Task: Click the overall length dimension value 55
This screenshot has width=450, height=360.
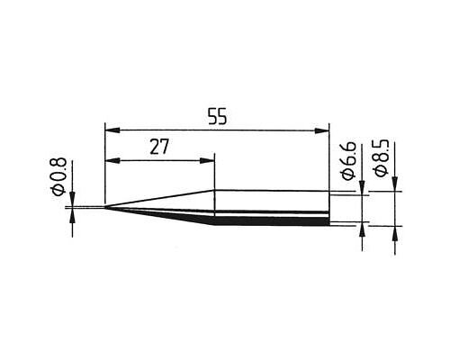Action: coord(218,117)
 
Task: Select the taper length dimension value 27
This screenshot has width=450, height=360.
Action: coord(159,147)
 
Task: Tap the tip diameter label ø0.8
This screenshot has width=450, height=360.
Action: coord(58,176)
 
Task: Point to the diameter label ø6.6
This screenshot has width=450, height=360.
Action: coord(348,161)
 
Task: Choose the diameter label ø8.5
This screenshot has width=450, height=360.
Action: coord(381,158)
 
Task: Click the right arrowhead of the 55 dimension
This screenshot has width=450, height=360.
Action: coord(321,130)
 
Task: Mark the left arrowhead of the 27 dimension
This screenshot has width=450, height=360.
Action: coord(112,161)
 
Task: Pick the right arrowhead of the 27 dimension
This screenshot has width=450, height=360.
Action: coord(207,161)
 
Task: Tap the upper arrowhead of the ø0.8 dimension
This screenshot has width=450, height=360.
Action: coord(72,199)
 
